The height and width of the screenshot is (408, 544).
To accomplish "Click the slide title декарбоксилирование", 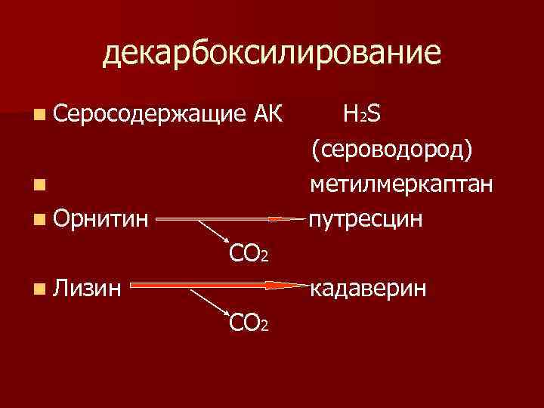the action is pos(271,54).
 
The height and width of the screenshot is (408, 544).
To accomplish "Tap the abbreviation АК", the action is pos(265,116).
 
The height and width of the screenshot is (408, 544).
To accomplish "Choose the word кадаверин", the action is pos(369,288).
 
